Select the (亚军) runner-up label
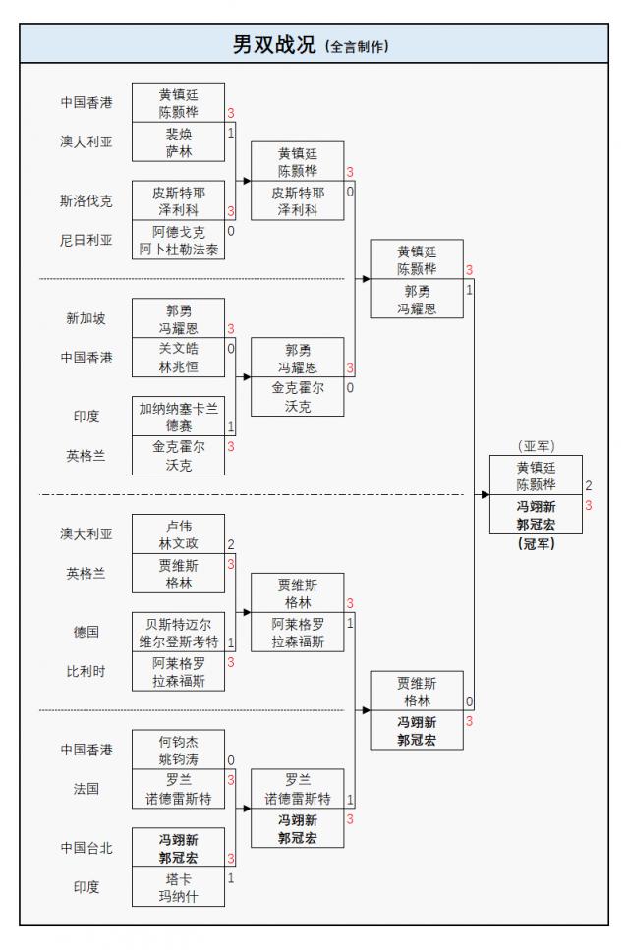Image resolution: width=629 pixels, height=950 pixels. coord(536,445)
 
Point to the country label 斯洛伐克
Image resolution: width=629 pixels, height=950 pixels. coord(86,200)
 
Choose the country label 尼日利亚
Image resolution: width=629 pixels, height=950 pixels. coord(86,240)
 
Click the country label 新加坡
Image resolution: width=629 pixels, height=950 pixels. coord(86,318)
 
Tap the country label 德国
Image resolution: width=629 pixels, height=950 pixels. coord(86,633)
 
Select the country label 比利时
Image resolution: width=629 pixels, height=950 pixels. coord(86,672)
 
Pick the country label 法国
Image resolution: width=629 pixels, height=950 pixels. coord(86,788)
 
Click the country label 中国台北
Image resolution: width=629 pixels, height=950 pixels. coord(86,848)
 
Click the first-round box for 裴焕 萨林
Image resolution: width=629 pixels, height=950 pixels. coord(179,141)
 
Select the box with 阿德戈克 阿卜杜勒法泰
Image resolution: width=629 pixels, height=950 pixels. coord(179,241)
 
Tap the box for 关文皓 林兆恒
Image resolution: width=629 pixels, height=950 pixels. coord(179,357)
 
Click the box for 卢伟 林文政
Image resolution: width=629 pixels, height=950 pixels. coord(179,534)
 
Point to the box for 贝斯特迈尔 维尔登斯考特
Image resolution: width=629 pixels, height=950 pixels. coord(179,633)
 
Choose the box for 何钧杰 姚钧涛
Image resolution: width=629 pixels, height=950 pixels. coord(179,750)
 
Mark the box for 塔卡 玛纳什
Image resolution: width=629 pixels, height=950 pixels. coord(179,887)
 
